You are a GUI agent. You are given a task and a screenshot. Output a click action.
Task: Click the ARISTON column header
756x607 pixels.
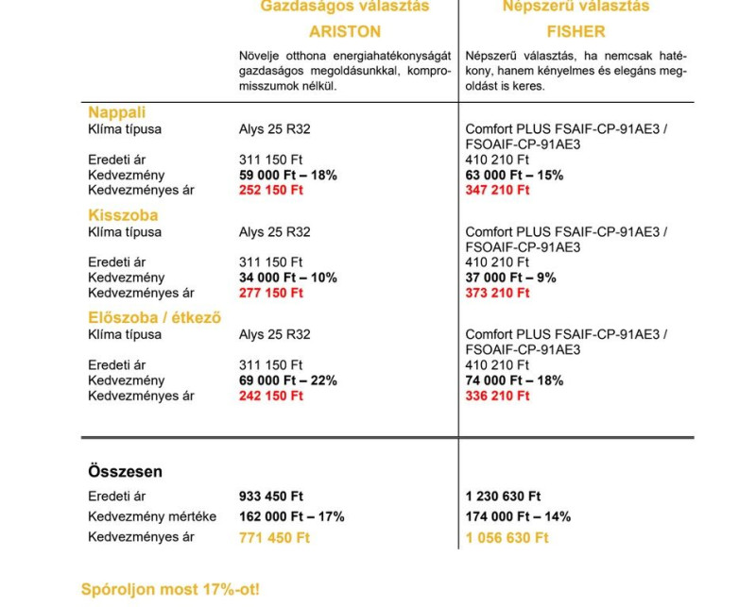[345, 31]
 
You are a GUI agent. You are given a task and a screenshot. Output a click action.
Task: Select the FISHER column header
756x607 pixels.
[575, 31]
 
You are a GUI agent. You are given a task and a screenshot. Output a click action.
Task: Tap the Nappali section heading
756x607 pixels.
[116, 112]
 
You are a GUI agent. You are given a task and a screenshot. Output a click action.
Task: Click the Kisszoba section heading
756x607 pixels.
[123, 215]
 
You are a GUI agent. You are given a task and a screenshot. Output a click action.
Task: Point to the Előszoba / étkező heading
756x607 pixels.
[154, 318]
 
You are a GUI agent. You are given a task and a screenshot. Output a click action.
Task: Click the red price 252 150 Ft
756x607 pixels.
[271, 191]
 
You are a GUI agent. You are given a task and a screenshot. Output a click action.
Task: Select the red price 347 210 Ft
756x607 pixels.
[498, 191]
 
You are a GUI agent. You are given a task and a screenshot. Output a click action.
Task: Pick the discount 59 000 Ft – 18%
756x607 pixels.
[288, 176]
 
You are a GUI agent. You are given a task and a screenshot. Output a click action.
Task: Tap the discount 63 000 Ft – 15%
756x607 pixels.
[514, 176]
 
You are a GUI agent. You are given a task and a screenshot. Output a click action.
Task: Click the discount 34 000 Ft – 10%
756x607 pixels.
[288, 278]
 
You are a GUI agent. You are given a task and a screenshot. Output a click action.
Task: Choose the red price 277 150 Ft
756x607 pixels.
[271, 294]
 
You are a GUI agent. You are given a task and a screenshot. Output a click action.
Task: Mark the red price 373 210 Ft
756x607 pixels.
[498, 294]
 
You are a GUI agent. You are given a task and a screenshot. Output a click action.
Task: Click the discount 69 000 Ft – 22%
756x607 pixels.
[288, 380]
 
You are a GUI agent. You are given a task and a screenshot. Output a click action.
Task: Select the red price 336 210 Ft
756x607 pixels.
[498, 396]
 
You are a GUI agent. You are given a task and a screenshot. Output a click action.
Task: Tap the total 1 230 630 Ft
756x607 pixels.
[504, 497]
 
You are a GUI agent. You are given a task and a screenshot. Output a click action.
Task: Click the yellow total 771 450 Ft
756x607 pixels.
[275, 538]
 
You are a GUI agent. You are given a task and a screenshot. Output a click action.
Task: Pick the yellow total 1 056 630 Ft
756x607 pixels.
[507, 538]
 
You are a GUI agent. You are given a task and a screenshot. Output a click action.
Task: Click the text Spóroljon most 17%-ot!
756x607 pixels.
[170, 590]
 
